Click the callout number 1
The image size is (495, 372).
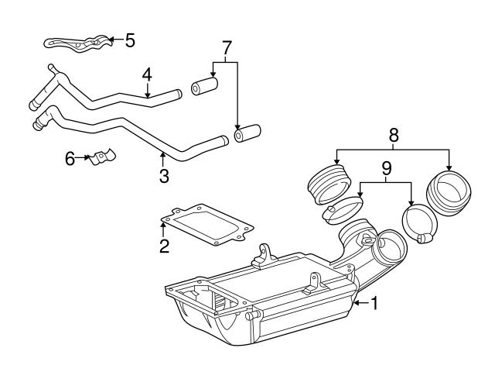pyautogui.click(x=375, y=305)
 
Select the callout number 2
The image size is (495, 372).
pyautogui.click(x=164, y=247)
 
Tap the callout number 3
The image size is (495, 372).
pyautogui.click(x=164, y=176)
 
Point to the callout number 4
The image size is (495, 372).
pyautogui.click(x=146, y=75)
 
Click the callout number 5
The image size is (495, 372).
pyautogui.click(x=129, y=40)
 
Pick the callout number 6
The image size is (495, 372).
pyautogui.click(x=70, y=158)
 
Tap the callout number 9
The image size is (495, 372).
pyautogui.click(x=387, y=167)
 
